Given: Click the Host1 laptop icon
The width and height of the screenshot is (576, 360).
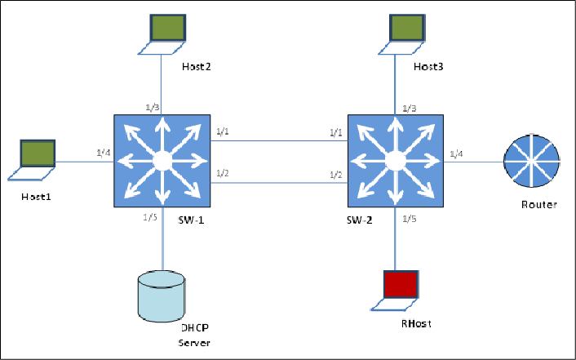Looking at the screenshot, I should [x=37, y=160].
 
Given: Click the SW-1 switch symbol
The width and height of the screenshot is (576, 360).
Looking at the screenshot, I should [x=162, y=161].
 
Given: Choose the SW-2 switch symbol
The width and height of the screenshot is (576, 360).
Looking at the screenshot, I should [x=395, y=161].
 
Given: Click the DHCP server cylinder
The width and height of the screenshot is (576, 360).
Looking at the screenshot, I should [x=162, y=295].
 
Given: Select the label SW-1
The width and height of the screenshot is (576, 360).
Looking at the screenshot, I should [x=193, y=221].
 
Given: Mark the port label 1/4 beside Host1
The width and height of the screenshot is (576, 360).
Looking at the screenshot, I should [x=103, y=153].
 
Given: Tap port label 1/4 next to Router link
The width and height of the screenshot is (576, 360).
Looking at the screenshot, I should [x=459, y=153].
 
